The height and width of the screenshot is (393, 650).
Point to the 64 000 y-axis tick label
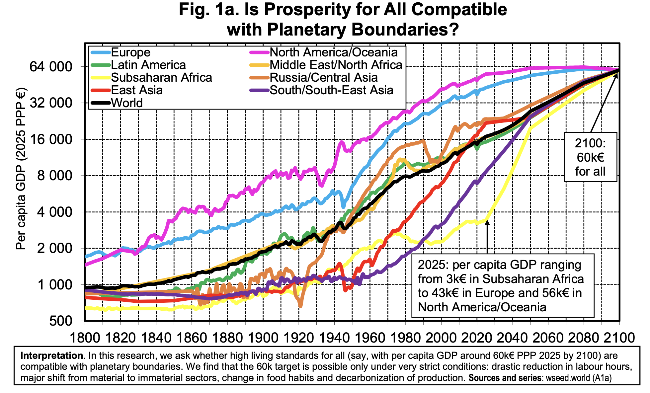pos(51,67)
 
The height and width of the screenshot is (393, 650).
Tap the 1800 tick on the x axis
pos(85,338)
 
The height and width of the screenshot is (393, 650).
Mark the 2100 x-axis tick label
pos(618,338)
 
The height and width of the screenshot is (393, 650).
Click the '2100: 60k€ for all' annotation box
pos(590,157)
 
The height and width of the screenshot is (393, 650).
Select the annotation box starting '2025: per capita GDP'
pos(502,286)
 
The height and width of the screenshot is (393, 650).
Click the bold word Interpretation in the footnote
pos(51,356)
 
